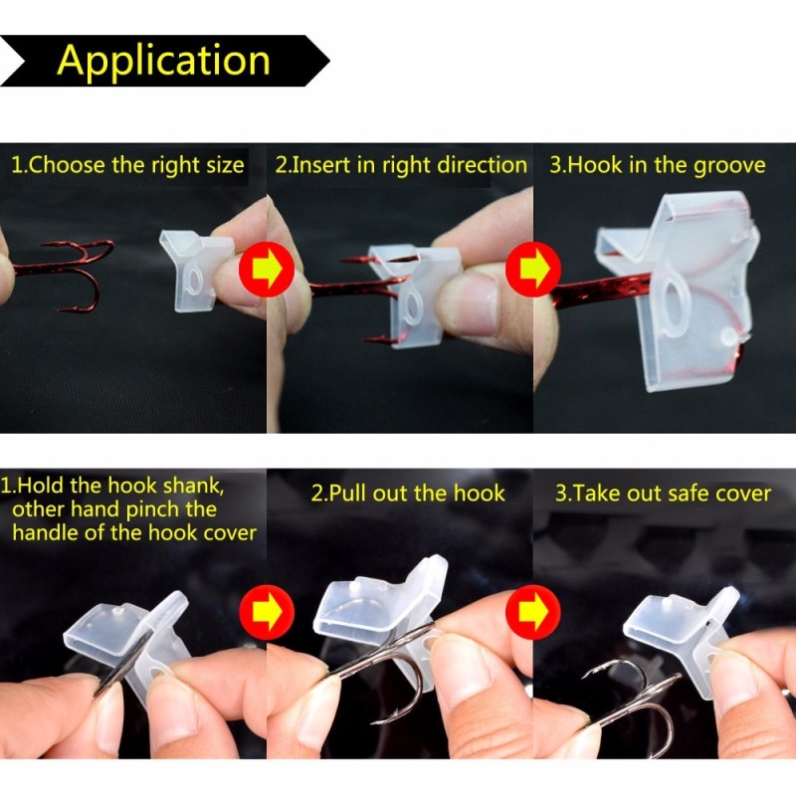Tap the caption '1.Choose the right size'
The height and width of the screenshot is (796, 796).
(x=127, y=165)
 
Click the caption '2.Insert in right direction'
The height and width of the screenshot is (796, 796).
(x=401, y=165)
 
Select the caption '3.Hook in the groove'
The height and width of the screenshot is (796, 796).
(x=658, y=165)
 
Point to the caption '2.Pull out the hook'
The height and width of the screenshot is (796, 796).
(x=409, y=493)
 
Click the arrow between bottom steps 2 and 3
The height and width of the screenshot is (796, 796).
(x=534, y=608)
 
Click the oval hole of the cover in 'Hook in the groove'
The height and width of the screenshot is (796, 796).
(x=676, y=303)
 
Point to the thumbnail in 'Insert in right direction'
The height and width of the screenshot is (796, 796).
(x=478, y=298)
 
